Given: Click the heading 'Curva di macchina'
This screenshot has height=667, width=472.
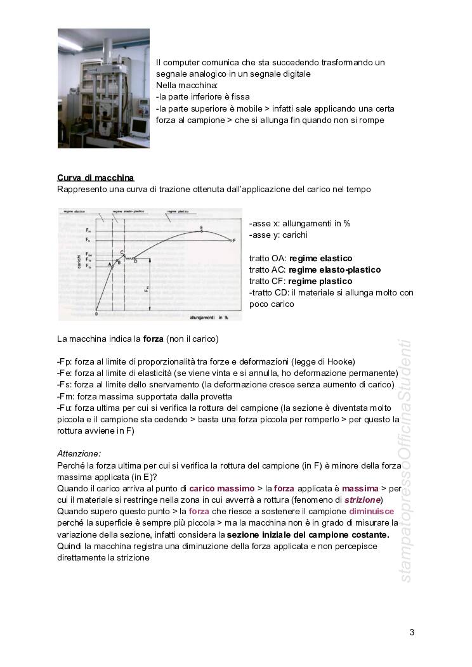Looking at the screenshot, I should coord(95,178).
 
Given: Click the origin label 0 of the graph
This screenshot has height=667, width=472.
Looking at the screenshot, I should coord(96,313).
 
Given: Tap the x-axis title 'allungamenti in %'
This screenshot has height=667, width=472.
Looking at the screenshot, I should coord(209,316).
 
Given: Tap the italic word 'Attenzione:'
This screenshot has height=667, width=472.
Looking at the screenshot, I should coord(79,453).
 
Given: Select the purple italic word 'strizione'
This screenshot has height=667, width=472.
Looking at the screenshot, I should coord(362,500).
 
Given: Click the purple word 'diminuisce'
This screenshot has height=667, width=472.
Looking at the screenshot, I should coord(371,512).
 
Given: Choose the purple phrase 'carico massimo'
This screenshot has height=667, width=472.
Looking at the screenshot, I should coord(220,489).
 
